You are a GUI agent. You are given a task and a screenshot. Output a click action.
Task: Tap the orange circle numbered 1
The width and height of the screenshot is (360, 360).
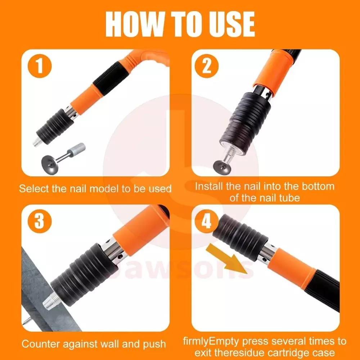coord(40,66)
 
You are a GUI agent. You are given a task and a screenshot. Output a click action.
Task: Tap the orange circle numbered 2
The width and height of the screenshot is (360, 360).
coord(207,66)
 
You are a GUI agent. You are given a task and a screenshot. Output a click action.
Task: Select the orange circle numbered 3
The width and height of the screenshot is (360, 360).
coord(40,221)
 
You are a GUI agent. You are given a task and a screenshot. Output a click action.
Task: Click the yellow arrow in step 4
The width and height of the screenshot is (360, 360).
coord(227,259)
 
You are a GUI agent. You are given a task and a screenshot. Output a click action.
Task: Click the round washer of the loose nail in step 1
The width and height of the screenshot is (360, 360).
coord(50,163)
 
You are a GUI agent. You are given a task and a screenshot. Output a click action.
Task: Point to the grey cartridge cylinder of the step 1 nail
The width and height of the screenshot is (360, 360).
coord(77,150)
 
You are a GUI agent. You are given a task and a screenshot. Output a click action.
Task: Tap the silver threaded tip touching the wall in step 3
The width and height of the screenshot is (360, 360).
coord(52,301)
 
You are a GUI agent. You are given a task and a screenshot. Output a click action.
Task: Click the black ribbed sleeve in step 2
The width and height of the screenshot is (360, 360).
coord(245,123)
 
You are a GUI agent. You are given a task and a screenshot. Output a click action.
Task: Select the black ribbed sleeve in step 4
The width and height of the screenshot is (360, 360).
coord(240,237)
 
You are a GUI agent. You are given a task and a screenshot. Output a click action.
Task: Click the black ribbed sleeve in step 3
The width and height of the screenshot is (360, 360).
coord(85,274)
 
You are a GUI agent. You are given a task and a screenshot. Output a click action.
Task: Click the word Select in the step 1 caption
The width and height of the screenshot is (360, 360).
coord(34,189)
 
